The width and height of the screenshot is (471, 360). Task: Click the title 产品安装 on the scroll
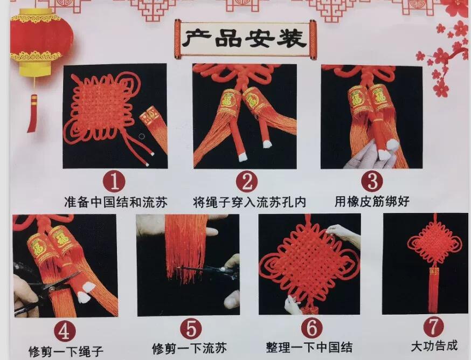(245, 39)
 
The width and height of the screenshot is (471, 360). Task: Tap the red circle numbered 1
(114, 182)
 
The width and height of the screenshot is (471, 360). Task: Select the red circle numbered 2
(247, 182)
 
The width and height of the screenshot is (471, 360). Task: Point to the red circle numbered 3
(372, 181)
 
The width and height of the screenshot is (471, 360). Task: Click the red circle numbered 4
(64, 331)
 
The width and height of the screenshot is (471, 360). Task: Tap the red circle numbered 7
(433, 327)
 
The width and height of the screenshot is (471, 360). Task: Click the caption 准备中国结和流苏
(116, 202)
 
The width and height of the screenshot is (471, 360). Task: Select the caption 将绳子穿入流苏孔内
(250, 202)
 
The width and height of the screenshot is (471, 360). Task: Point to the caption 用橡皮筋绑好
(372, 201)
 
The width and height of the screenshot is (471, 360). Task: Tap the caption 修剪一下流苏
(189, 349)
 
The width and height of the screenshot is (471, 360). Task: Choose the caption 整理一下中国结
(309, 348)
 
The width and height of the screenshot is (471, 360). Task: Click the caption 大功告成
(434, 346)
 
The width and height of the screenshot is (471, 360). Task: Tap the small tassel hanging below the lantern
(32, 113)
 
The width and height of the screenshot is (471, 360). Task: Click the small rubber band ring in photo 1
(142, 136)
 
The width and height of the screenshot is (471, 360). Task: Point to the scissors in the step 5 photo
(210, 269)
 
